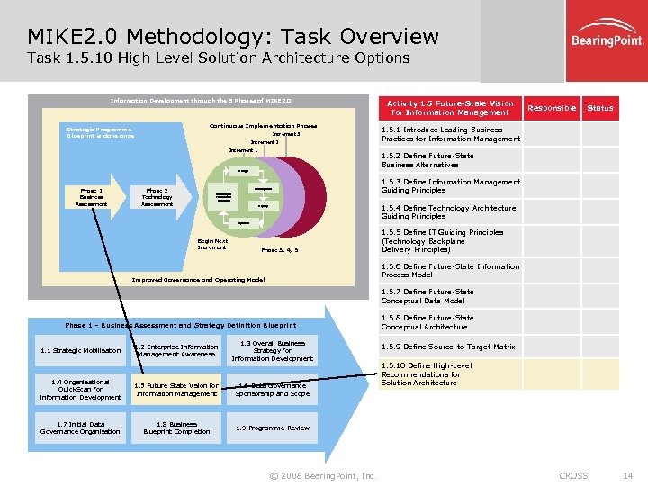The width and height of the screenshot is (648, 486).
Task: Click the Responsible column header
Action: pyautogui.click(x=552, y=108)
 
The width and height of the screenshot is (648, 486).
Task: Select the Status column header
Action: pyautogui.click(x=599, y=108)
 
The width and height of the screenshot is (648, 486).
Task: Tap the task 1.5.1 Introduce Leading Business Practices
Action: pyautogui.click(x=450, y=134)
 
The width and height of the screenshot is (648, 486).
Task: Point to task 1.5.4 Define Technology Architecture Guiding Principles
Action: pyautogui.click(x=448, y=212)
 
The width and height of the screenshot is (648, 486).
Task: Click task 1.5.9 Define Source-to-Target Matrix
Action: pyautogui.click(x=448, y=346)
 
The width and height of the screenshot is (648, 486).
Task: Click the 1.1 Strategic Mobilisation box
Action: pyautogui.click(x=68, y=351)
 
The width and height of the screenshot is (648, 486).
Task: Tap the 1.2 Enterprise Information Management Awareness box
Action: pyautogui.click(x=176, y=351)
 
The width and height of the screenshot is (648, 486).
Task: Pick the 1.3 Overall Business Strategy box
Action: pyautogui.click(x=273, y=351)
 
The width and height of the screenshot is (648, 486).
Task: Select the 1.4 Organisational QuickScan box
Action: pyautogui.click(x=80, y=390)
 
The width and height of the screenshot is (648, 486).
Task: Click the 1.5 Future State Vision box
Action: pyautogui.click(x=176, y=390)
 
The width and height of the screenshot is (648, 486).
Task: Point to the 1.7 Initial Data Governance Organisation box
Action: pyautogui.click(x=80, y=428)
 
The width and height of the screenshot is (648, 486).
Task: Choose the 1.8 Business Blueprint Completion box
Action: pyautogui.click(x=176, y=428)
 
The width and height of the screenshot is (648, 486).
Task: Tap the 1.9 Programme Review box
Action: pyautogui.click(x=273, y=428)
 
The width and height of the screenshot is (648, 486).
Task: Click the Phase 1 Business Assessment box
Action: pyautogui.click(x=91, y=197)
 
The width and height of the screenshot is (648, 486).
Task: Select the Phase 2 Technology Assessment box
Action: pyautogui.click(x=157, y=197)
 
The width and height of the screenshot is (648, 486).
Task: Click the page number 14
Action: pyautogui.click(x=628, y=475)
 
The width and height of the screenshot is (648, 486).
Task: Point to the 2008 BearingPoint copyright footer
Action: pyautogui.click(x=323, y=475)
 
